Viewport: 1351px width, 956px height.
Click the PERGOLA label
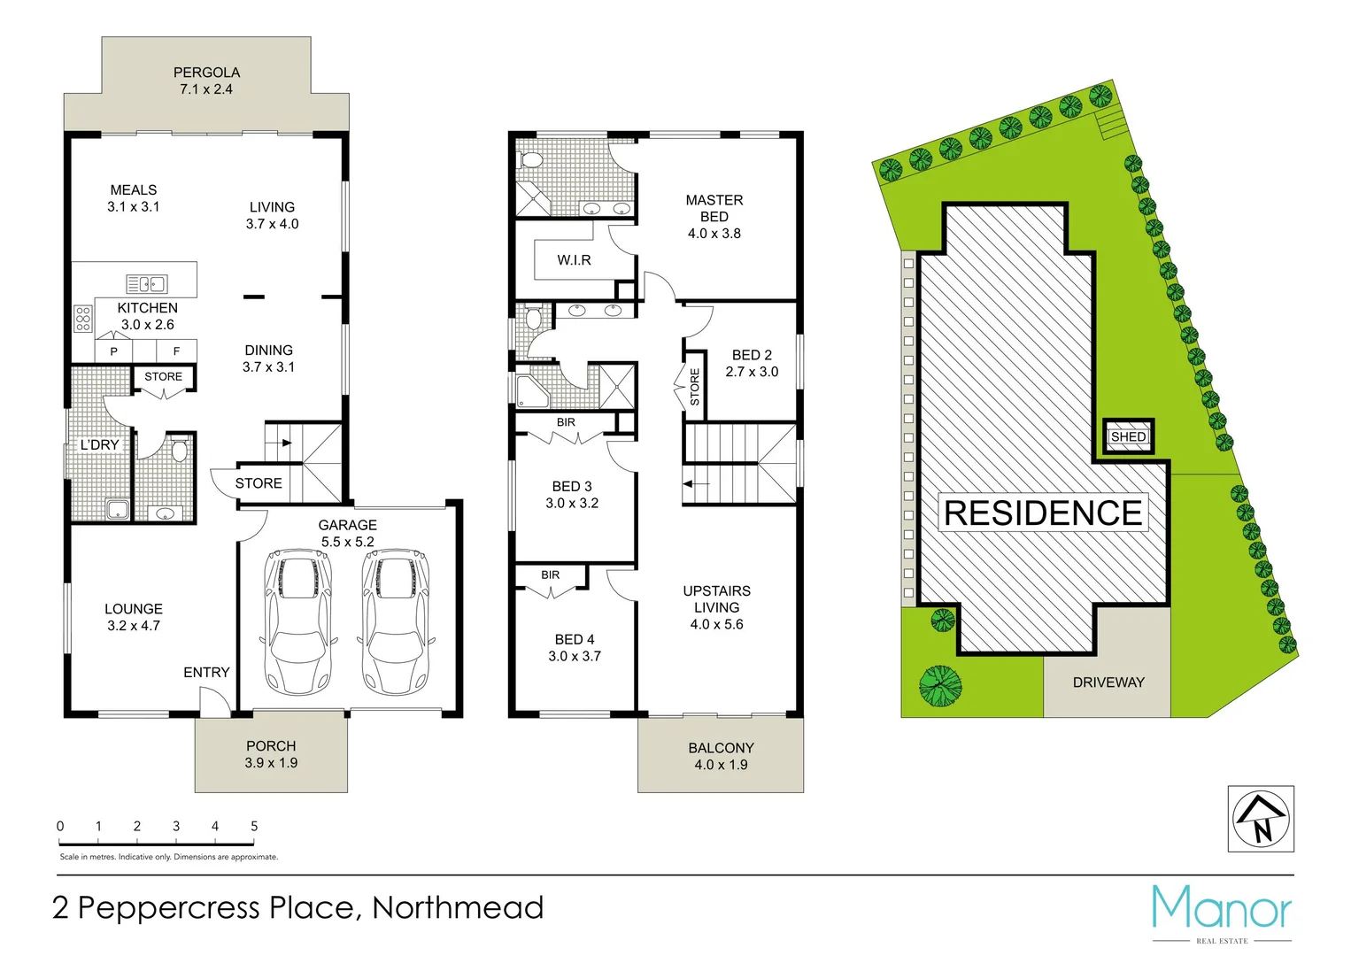click(206, 73)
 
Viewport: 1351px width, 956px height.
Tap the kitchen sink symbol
click(146, 284)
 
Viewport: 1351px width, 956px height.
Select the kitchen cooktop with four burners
click(83, 319)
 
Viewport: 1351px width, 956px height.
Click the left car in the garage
click(298, 621)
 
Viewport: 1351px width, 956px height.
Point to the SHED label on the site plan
click(1128, 436)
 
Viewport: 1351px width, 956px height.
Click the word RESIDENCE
click(1043, 513)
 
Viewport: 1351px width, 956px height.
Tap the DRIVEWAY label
click(1108, 682)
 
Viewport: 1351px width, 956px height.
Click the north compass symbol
click(1261, 819)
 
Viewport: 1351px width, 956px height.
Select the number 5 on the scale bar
click(254, 826)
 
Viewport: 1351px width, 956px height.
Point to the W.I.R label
click(574, 260)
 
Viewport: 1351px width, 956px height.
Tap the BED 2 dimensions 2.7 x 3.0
click(752, 372)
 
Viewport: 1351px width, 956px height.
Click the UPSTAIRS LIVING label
click(716, 599)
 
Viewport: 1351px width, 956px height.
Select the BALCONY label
click(721, 748)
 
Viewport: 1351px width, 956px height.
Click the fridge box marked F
click(176, 351)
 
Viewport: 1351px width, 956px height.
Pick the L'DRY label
click(99, 444)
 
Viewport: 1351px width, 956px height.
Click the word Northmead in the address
click(458, 908)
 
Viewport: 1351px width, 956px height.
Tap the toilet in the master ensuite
click(531, 160)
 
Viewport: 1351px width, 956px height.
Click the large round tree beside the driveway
click(940, 686)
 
